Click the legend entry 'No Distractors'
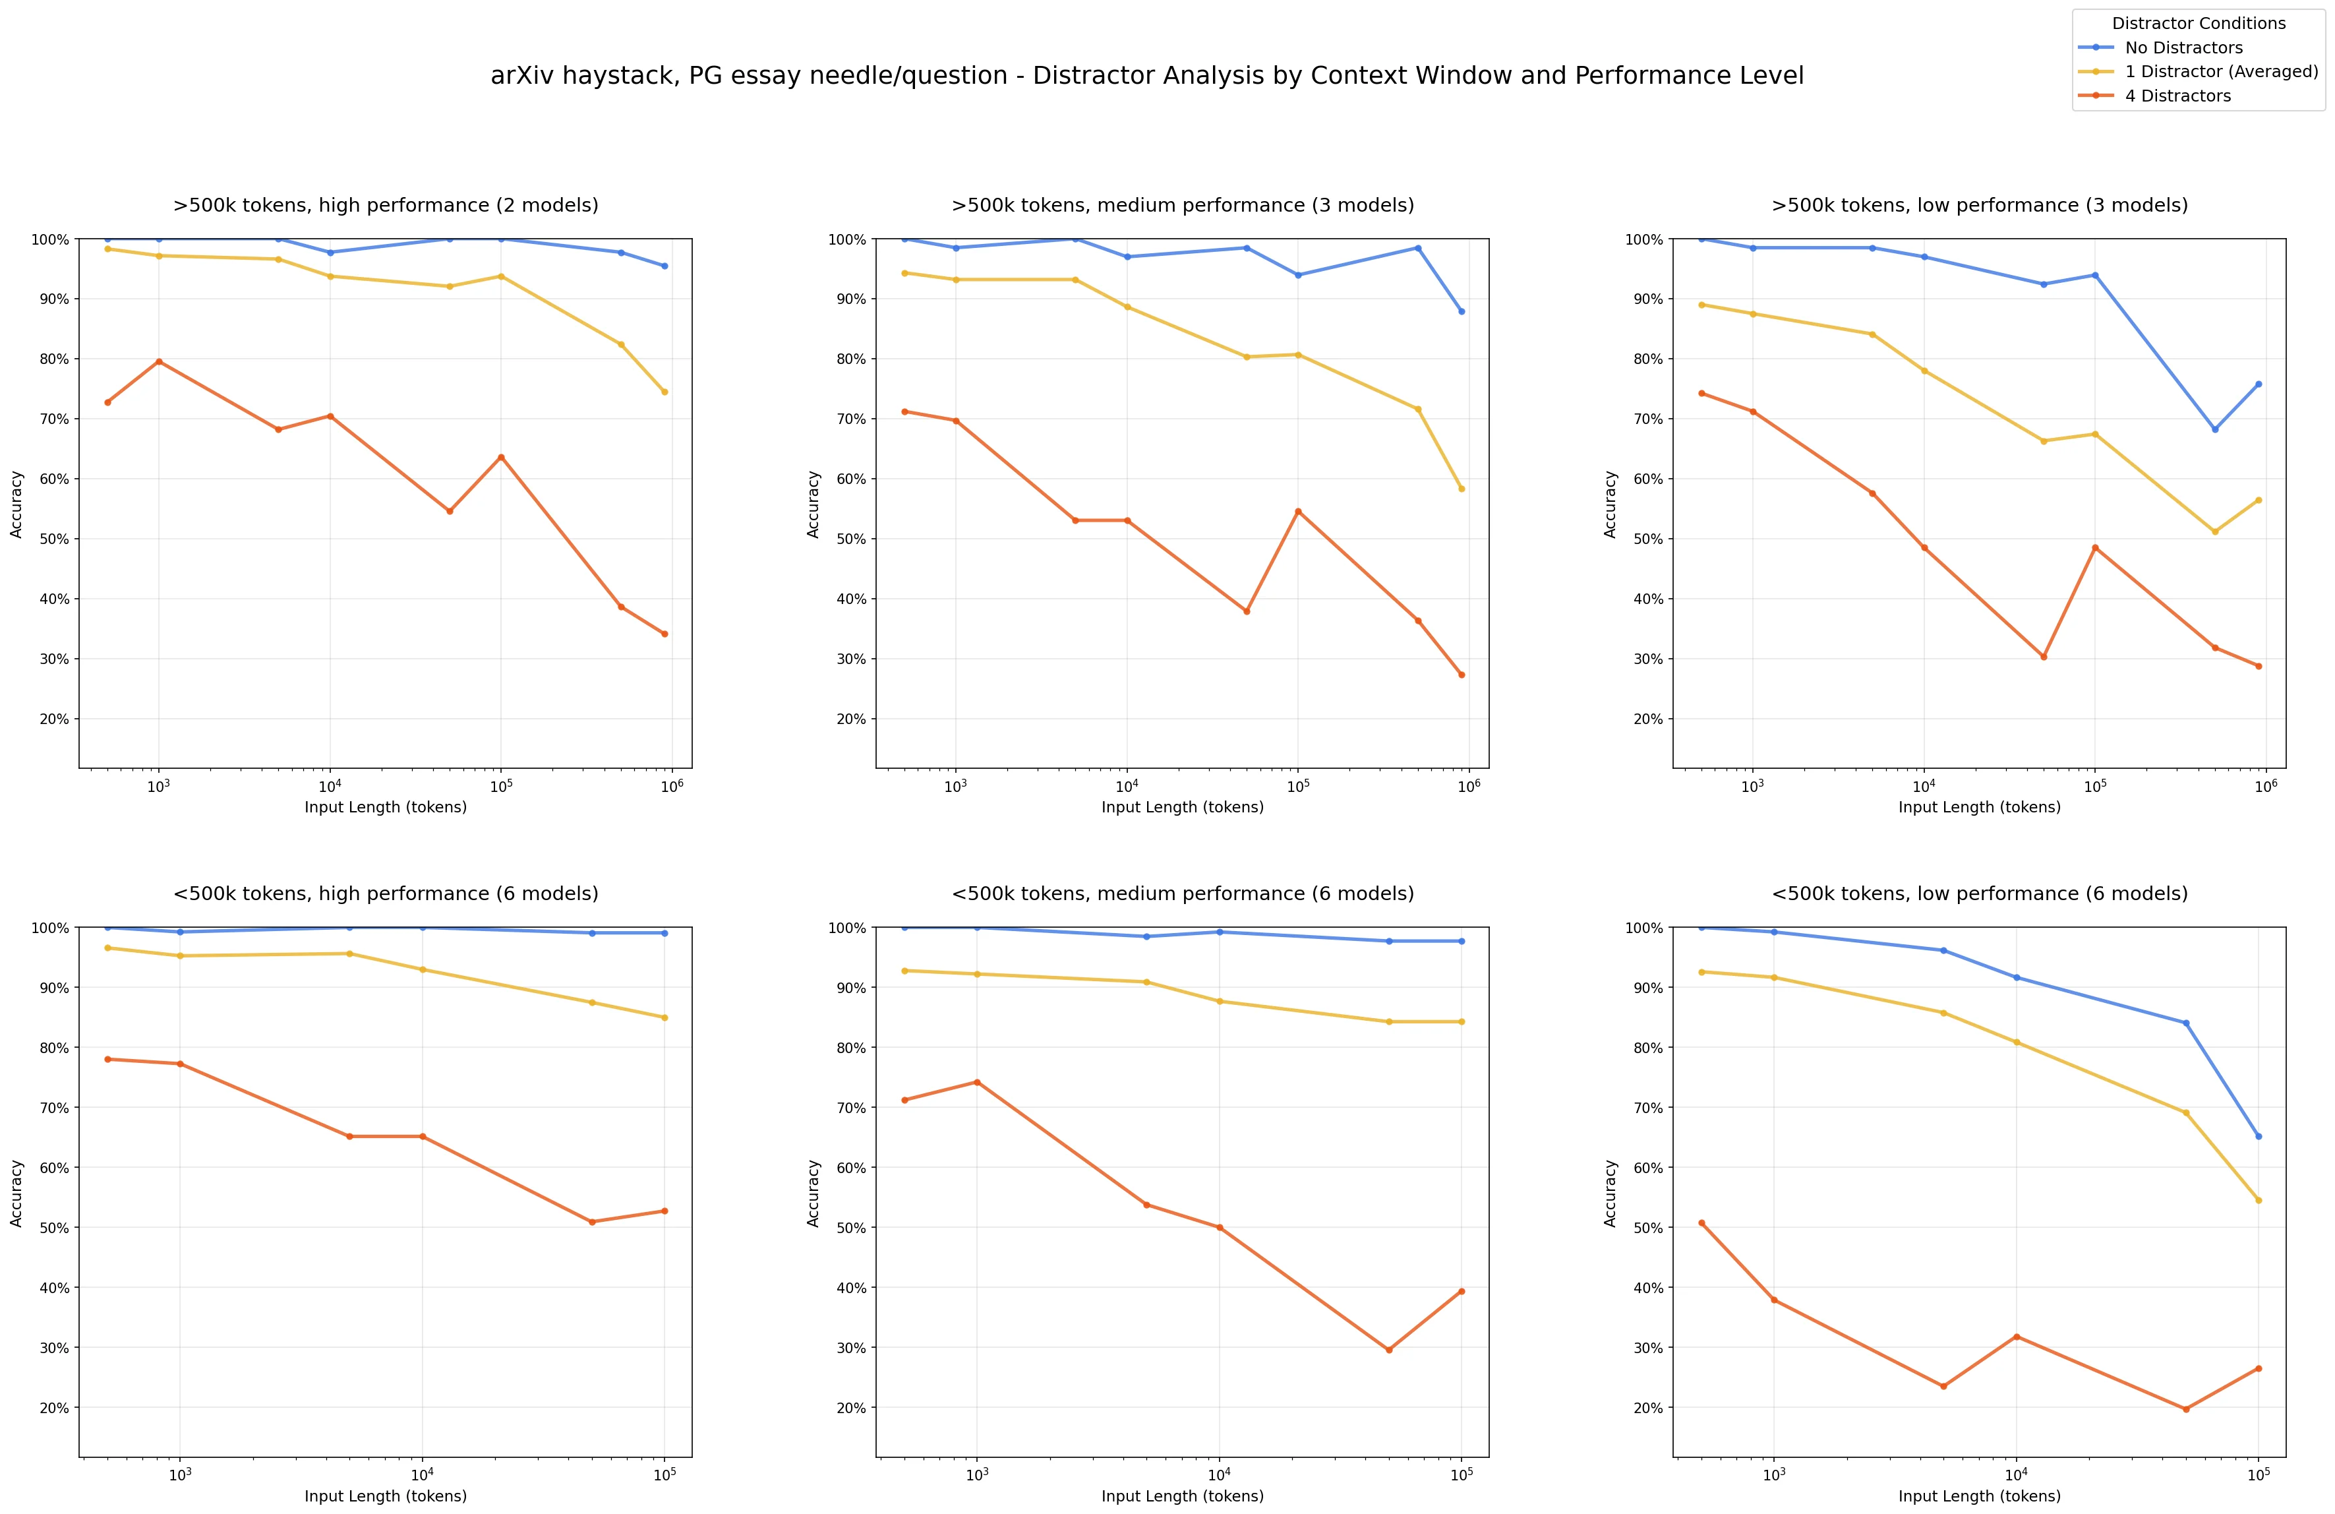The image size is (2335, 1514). click(2183, 47)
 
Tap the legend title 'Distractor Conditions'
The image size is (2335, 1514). click(2198, 22)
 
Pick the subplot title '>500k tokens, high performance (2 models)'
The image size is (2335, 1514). click(386, 205)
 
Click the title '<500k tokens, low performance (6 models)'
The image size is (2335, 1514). click(1979, 893)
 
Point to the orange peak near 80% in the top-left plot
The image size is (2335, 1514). click(159, 361)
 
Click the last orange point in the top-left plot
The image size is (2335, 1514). click(665, 634)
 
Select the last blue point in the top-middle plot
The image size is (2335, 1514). click(1461, 311)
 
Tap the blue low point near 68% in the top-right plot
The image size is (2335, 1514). click(2214, 429)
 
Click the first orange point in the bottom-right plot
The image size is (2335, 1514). click(1701, 1223)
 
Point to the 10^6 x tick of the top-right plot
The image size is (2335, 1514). click(2265, 786)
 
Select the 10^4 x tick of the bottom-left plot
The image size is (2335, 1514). click(422, 1474)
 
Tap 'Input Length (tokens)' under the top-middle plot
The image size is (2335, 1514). click(1182, 806)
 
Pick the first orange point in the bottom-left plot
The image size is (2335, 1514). click(108, 1059)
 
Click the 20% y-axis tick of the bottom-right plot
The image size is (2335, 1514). click(1648, 1407)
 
